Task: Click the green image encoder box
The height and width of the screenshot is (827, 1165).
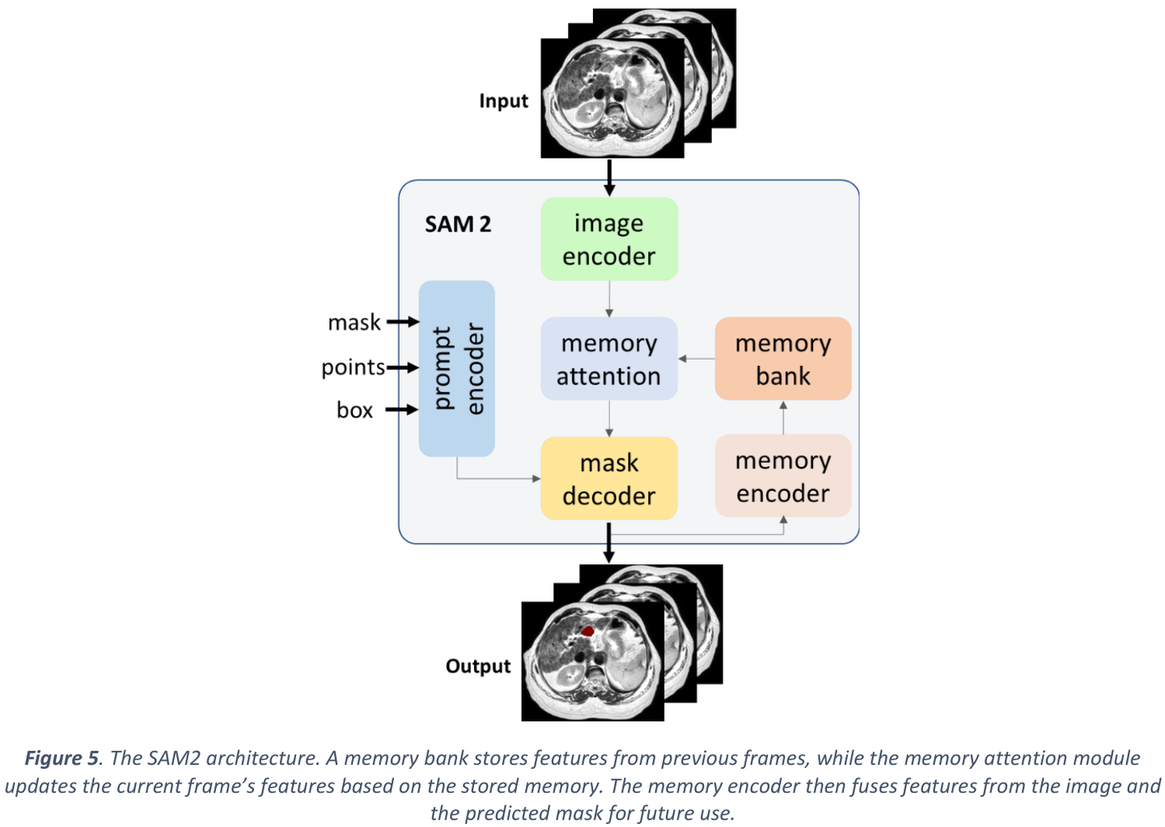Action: pyautogui.click(x=608, y=239)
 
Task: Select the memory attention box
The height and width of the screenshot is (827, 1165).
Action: pyautogui.click(x=608, y=359)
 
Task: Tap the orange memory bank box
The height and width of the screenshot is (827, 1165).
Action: pyautogui.click(x=782, y=359)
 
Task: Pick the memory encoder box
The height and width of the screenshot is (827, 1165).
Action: pyautogui.click(x=782, y=476)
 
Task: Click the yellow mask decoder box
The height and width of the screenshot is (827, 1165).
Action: pyautogui.click(x=608, y=479)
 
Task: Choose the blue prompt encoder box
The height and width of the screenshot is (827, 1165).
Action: pyautogui.click(x=456, y=369)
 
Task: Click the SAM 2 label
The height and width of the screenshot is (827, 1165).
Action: pyautogui.click(x=458, y=224)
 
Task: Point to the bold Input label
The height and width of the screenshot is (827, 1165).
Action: pyautogui.click(x=503, y=101)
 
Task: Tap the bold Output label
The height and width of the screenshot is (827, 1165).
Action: pyautogui.click(x=478, y=666)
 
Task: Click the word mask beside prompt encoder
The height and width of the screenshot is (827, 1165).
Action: pyautogui.click(x=354, y=323)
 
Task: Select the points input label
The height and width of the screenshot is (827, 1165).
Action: pyautogui.click(x=353, y=367)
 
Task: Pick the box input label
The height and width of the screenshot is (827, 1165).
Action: pyautogui.click(x=354, y=410)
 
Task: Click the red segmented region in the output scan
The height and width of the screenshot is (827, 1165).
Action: pyautogui.click(x=587, y=630)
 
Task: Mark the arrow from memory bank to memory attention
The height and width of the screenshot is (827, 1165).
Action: pyautogui.click(x=697, y=358)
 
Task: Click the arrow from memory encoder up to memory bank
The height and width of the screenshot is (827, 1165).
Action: pyautogui.click(x=783, y=417)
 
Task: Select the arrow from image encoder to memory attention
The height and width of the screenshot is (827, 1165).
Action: pyautogui.click(x=609, y=298)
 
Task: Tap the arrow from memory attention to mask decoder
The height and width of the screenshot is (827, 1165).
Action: pyautogui.click(x=609, y=419)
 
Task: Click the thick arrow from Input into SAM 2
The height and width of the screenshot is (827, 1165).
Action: pyautogui.click(x=609, y=177)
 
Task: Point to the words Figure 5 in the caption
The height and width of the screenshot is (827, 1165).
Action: pyautogui.click(x=61, y=758)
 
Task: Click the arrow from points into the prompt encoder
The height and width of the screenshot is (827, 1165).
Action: pyautogui.click(x=402, y=368)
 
